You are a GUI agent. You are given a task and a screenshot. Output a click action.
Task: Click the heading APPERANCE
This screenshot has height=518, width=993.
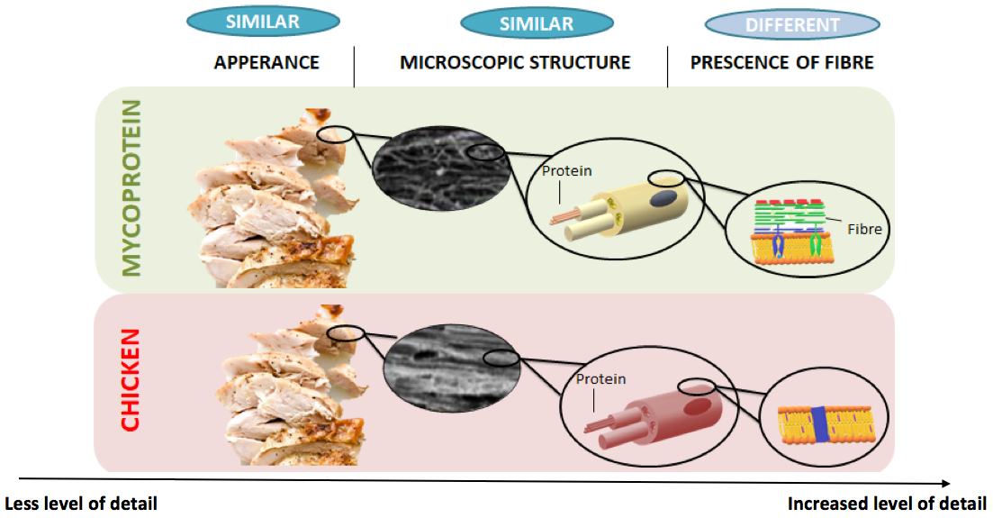click(266, 63)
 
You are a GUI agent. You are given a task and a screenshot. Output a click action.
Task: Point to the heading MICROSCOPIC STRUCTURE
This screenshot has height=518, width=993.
click(515, 63)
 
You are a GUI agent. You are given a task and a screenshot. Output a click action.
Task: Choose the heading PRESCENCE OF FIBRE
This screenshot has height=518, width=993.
click(781, 63)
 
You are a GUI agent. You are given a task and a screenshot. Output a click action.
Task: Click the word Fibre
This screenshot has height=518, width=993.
click(863, 229)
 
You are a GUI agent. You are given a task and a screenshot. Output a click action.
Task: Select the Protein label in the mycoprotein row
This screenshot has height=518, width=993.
click(566, 171)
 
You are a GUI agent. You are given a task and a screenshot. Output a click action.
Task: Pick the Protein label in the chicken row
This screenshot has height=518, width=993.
click(600, 379)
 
